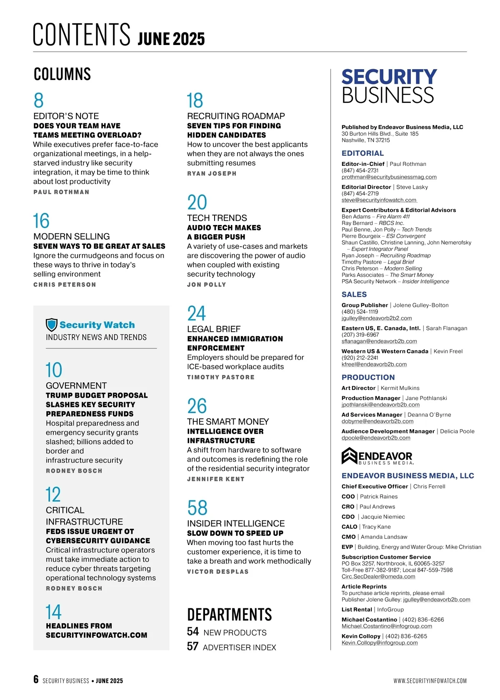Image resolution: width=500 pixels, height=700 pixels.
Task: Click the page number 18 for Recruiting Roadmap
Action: (195, 100)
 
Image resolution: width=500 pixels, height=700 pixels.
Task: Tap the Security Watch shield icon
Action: (51, 325)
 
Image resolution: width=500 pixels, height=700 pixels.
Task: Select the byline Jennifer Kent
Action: (216, 479)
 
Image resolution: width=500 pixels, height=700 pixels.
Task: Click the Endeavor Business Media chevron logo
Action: (349, 456)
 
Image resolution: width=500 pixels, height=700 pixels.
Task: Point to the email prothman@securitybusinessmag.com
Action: (389, 177)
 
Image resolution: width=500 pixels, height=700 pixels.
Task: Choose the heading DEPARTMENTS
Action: (229, 615)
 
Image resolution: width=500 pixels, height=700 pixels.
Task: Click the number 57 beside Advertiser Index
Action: (192, 646)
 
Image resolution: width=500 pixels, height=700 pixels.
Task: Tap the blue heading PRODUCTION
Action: (368, 377)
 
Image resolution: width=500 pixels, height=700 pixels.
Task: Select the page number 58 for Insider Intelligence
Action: (197, 508)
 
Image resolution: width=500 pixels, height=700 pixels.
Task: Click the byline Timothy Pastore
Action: (220, 377)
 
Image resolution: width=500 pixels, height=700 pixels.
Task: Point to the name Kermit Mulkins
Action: (400, 388)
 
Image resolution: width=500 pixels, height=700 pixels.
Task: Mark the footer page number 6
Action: (36, 679)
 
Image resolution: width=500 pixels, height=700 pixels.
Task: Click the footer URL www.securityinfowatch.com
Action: (430, 681)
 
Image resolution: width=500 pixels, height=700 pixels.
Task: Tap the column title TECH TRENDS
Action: (217, 218)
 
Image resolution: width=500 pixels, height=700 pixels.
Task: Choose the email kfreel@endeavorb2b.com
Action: (374, 364)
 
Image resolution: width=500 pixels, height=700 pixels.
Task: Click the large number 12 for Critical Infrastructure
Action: (53, 495)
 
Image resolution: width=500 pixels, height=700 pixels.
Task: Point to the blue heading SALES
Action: (354, 295)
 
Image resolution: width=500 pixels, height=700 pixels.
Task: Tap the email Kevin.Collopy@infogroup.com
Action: (380, 643)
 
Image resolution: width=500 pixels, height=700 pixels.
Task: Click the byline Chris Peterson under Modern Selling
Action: (65, 285)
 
